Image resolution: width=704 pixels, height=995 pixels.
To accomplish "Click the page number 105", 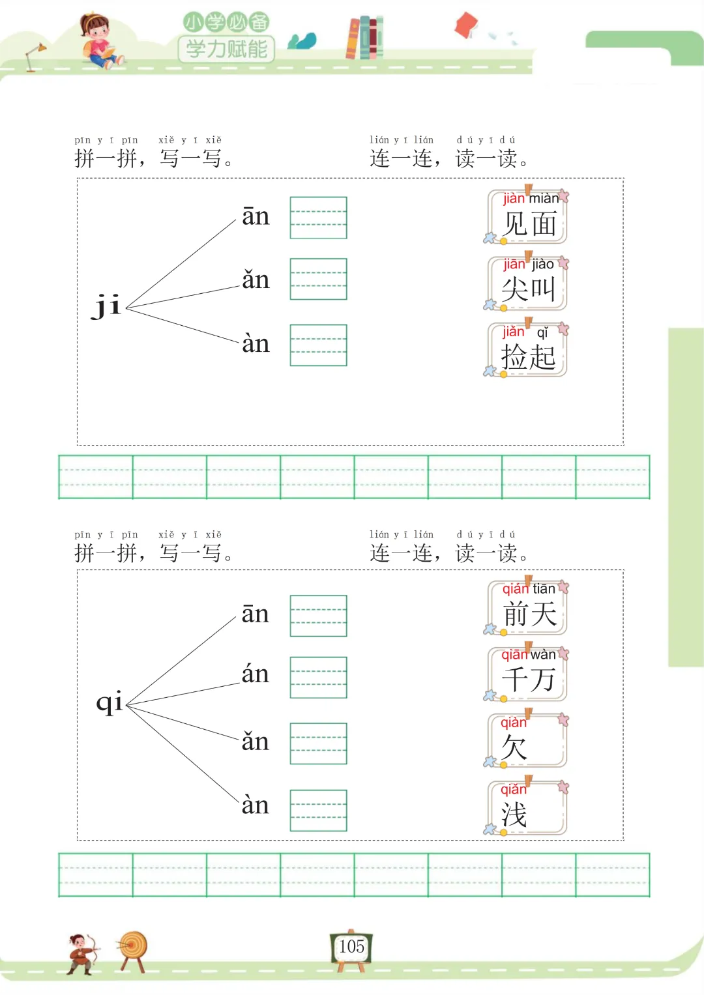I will pos(351,946).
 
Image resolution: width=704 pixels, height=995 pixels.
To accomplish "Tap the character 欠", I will pos(514,747).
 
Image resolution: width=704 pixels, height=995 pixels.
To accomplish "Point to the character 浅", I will pos(514,815).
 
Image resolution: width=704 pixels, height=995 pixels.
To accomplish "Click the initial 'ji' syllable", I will pos(107,305).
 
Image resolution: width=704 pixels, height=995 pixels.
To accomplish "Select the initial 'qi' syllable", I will pos(109,702).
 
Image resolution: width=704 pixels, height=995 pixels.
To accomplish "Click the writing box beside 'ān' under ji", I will pos(318,218).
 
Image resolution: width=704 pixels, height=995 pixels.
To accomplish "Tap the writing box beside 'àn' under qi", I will pos(318,811).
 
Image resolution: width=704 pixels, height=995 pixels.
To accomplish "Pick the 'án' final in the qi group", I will pos(255,674).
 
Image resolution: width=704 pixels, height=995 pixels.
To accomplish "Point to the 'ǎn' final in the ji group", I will pos(256,280).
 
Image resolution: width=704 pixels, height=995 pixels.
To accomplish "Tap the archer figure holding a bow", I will pos(83,953).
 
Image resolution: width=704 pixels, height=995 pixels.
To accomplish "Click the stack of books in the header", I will pos(364,38).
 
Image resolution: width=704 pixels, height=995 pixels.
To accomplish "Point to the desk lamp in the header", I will pos(35,56).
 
